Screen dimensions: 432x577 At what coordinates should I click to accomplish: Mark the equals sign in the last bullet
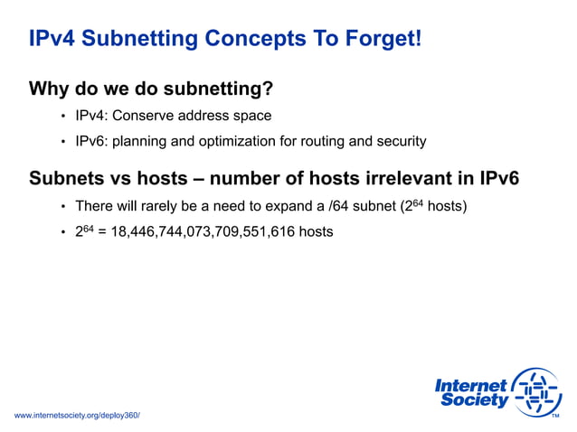tap(101, 232)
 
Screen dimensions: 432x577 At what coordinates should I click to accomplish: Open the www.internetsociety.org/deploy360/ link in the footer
tap(77, 415)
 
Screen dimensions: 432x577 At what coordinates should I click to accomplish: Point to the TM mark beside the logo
tap(555, 415)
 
